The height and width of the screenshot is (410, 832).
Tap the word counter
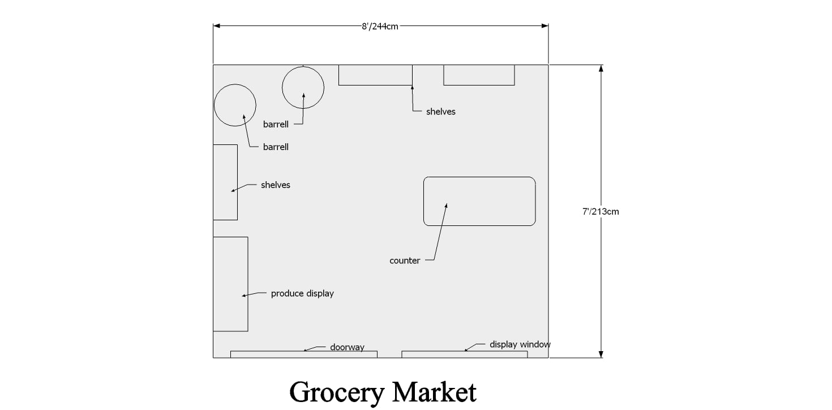tap(405, 261)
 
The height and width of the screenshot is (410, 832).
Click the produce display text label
tap(302, 294)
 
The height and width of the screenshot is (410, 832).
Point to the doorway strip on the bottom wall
tap(304, 355)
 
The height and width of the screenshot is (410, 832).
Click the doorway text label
tap(347, 347)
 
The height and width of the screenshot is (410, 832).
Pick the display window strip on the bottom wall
tap(464, 355)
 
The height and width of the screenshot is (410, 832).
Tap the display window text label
tap(520, 344)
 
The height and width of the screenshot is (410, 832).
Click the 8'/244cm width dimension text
tap(380, 27)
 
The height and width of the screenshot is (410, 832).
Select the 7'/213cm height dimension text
tap(601, 211)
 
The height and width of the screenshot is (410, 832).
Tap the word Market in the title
tap(434, 392)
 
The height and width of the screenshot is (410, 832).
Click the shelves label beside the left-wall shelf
tap(275, 185)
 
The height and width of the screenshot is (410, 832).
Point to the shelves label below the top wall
tap(440, 112)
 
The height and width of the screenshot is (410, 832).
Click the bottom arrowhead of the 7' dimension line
tap(601, 355)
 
